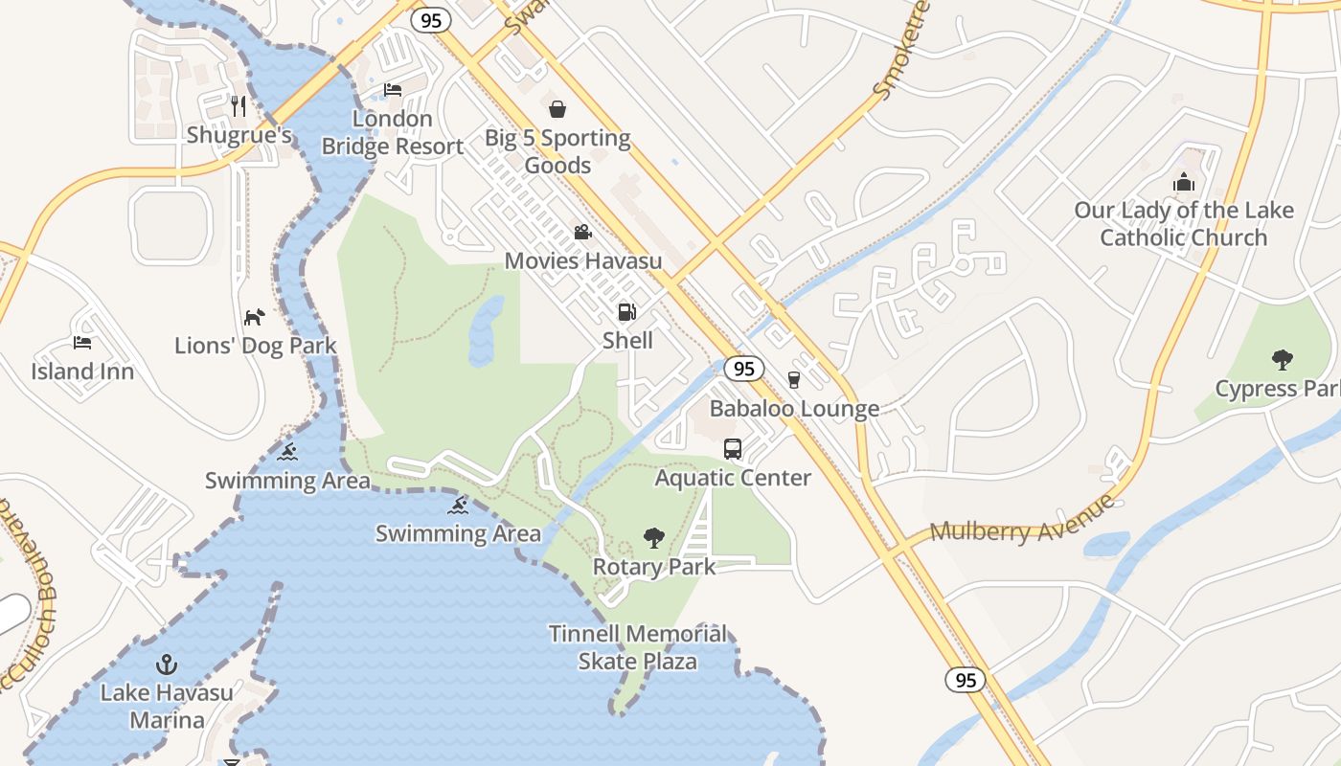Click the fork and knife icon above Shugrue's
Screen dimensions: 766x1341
tap(239, 105)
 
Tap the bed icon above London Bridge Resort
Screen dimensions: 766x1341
tap(393, 90)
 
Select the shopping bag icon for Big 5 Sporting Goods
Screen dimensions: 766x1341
tap(557, 109)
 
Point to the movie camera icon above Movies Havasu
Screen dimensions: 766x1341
tap(582, 232)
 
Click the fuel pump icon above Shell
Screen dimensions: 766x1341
tap(626, 311)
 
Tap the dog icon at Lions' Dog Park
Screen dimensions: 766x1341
tap(254, 317)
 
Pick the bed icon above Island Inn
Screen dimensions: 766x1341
tap(82, 342)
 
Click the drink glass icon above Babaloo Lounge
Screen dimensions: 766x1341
tap(793, 379)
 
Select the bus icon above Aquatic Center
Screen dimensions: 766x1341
tap(733, 448)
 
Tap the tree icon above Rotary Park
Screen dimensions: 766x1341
tap(654, 537)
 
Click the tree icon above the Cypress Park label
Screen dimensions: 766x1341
tap(1282, 360)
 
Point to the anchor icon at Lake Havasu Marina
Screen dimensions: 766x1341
tap(167, 663)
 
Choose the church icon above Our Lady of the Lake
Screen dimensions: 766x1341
tap(1184, 182)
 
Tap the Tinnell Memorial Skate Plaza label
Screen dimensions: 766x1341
tap(638, 647)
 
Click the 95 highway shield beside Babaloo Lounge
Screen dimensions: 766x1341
tap(743, 368)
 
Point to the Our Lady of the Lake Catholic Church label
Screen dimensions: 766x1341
tap(1184, 224)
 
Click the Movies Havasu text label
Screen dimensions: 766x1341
tap(582, 260)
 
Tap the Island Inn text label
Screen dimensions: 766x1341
tap(82, 372)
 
